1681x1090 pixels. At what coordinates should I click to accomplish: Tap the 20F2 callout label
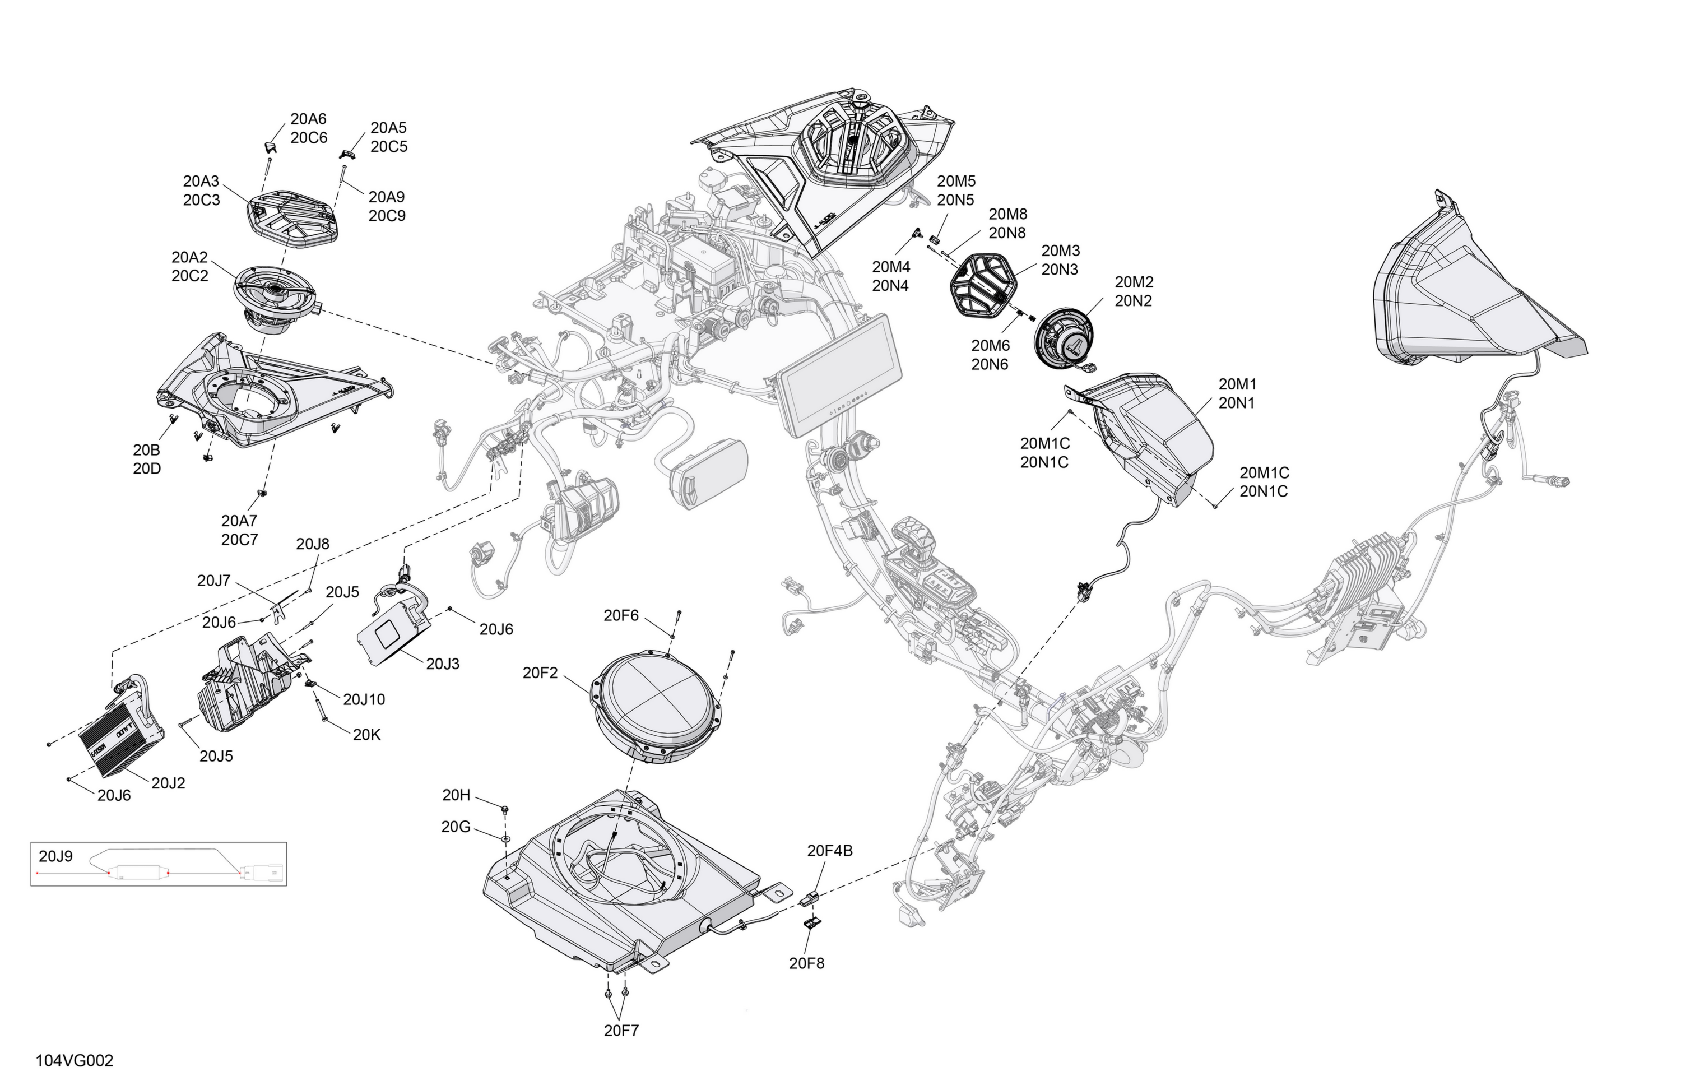click(540, 673)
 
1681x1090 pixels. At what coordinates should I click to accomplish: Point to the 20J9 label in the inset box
click(56, 856)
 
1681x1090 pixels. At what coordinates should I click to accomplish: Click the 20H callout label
click(456, 795)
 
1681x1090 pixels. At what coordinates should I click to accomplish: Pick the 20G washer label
click(456, 827)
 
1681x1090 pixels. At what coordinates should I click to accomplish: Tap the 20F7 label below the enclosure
click(621, 1031)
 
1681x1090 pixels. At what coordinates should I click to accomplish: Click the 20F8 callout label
click(806, 963)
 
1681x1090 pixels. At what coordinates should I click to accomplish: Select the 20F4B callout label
click(830, 851)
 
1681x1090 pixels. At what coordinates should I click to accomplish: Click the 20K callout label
click(366, 735)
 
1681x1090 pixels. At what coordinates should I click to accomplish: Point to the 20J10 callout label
click(364, 699)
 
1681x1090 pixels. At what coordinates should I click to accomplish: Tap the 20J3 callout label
click(443, 664)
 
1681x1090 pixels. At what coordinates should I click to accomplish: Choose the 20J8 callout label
click(313, 544)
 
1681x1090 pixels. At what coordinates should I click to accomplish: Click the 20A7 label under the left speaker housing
click(239, 521)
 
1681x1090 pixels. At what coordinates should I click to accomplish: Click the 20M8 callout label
click(1008, 214)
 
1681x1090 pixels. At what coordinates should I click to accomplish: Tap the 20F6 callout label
click(621, 616)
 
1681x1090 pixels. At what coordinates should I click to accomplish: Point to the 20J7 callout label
click(214, 581)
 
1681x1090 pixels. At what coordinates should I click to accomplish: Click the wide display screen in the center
click(840, 375)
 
